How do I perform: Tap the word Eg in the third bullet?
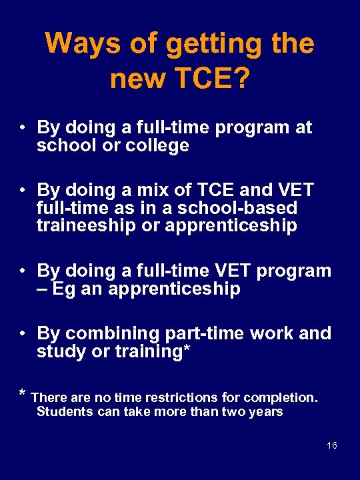click(61, 289)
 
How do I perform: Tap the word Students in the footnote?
click(65, 411)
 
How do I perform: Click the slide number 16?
click(332, 445)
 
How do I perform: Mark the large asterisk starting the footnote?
click(23, 395)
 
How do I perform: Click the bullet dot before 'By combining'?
click(23, 333)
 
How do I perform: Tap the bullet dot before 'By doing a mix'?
click(23, 190)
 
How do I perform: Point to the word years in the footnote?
click(265, 411)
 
